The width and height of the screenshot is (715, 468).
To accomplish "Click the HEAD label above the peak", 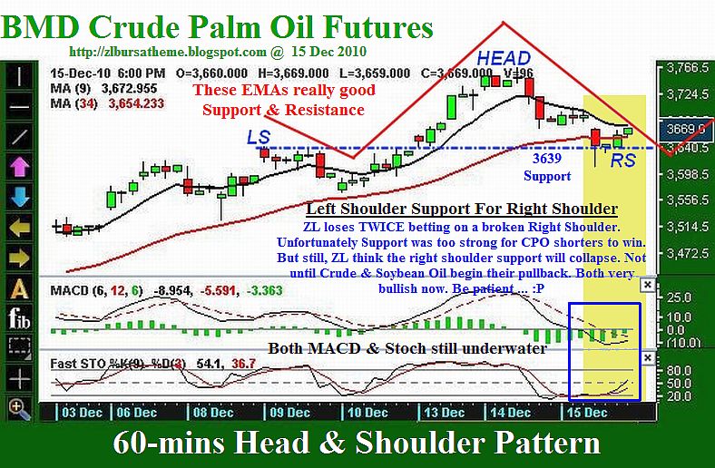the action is click(504, 58).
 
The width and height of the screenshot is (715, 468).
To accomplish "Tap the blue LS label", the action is click(259, 137).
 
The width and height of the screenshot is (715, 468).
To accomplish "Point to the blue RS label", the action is click(622, 160).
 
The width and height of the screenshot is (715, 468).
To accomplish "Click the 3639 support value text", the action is click(547, 158).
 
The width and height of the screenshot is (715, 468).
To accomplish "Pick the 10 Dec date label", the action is click(367, 413).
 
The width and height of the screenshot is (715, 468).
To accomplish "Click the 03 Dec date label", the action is click(82, 413).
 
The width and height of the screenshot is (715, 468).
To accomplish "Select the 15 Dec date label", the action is click(586, 413).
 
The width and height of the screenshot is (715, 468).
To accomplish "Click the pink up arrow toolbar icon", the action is click(19, 166).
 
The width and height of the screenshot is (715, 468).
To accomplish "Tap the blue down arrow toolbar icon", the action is click(19, 197).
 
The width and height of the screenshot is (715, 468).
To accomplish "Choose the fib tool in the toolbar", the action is click(19, 317).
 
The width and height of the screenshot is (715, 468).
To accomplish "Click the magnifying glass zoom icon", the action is click(19, 408).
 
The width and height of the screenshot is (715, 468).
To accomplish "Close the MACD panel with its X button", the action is click(647, 286).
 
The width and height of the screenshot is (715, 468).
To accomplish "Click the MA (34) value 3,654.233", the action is click(136, 104).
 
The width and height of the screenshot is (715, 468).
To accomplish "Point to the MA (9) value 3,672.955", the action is click(129, 88).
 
